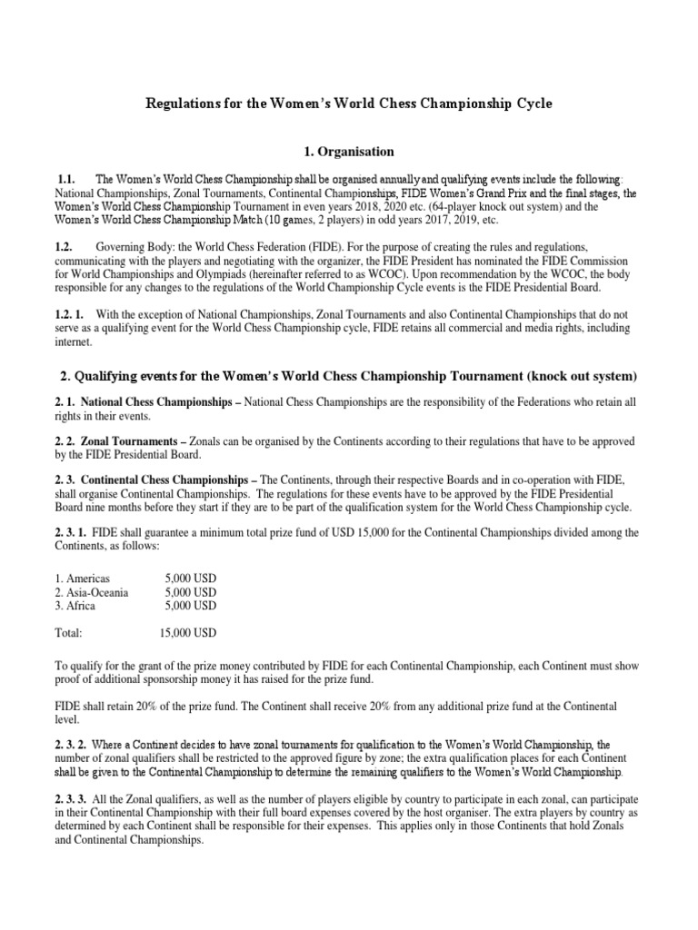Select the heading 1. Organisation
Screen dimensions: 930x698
click(x=348, y=152)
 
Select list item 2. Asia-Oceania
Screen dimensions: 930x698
click(x=92, y=593)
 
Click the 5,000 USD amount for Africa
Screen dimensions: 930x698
click(x=191, y=606)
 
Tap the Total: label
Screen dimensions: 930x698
click(x=69, y=632)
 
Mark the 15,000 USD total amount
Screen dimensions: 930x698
click(x=187, y=632)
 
